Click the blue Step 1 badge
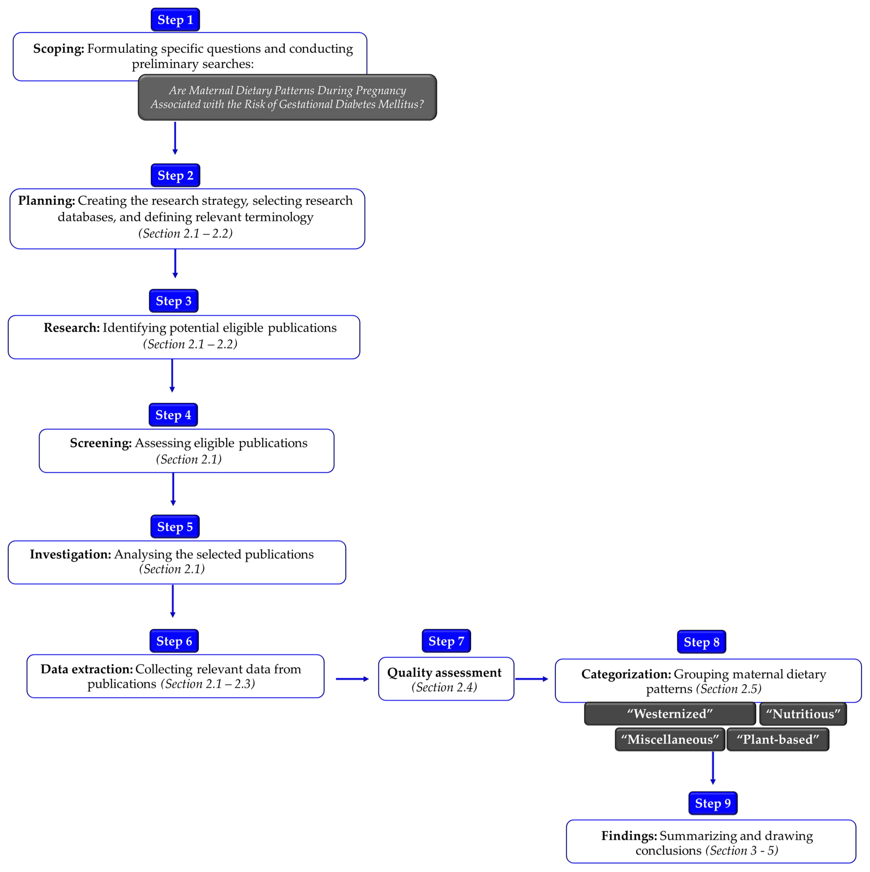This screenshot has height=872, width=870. [x=175, y=20]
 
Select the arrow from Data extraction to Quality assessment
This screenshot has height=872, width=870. [x=352, y=679]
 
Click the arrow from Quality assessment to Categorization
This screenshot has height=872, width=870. [x=531, y=679]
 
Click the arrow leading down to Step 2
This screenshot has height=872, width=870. [x=175, y=138]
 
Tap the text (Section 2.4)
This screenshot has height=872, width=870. [x=444, y=687]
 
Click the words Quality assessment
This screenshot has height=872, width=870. [x=444, y=672]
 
